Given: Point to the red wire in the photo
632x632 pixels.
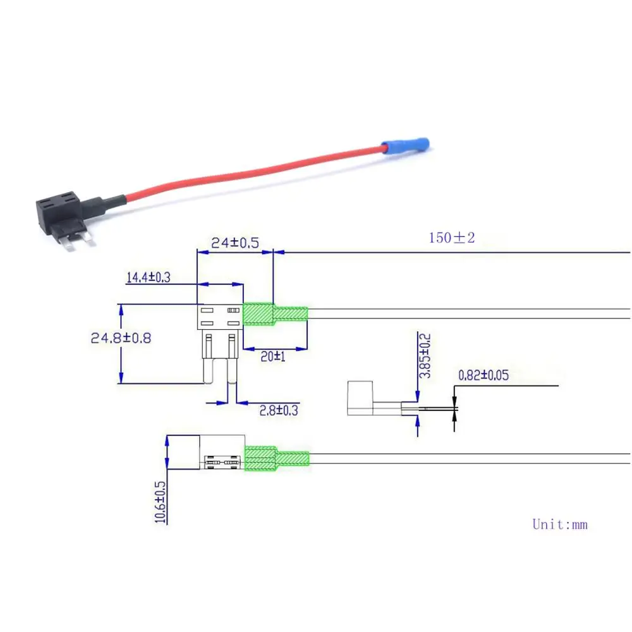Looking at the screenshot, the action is coord(254,173).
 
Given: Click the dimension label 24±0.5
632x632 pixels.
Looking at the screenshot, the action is coord(235,243).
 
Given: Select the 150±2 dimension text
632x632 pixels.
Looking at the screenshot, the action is coord(452,238).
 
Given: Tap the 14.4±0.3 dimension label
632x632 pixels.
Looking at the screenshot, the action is coord(149,277).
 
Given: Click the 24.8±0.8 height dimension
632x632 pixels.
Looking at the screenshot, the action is coord(121,337).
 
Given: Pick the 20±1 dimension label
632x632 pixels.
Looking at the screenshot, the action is coord(273,356).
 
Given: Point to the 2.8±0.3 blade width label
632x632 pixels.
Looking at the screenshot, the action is coord(279,411).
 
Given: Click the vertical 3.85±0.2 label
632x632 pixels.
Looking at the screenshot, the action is coord(425,355).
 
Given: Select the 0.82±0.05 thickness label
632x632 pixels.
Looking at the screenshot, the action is coord(483,375).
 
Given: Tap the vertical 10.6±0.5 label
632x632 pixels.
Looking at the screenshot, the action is coord(160,502).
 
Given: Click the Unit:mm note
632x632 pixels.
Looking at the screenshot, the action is coord(560,525).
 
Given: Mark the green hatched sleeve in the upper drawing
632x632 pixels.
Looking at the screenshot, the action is coord(276,314).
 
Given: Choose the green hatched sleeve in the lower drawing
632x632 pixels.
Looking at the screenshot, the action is coord(277,458).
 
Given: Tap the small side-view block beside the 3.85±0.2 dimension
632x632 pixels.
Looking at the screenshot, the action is coord(360,398).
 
